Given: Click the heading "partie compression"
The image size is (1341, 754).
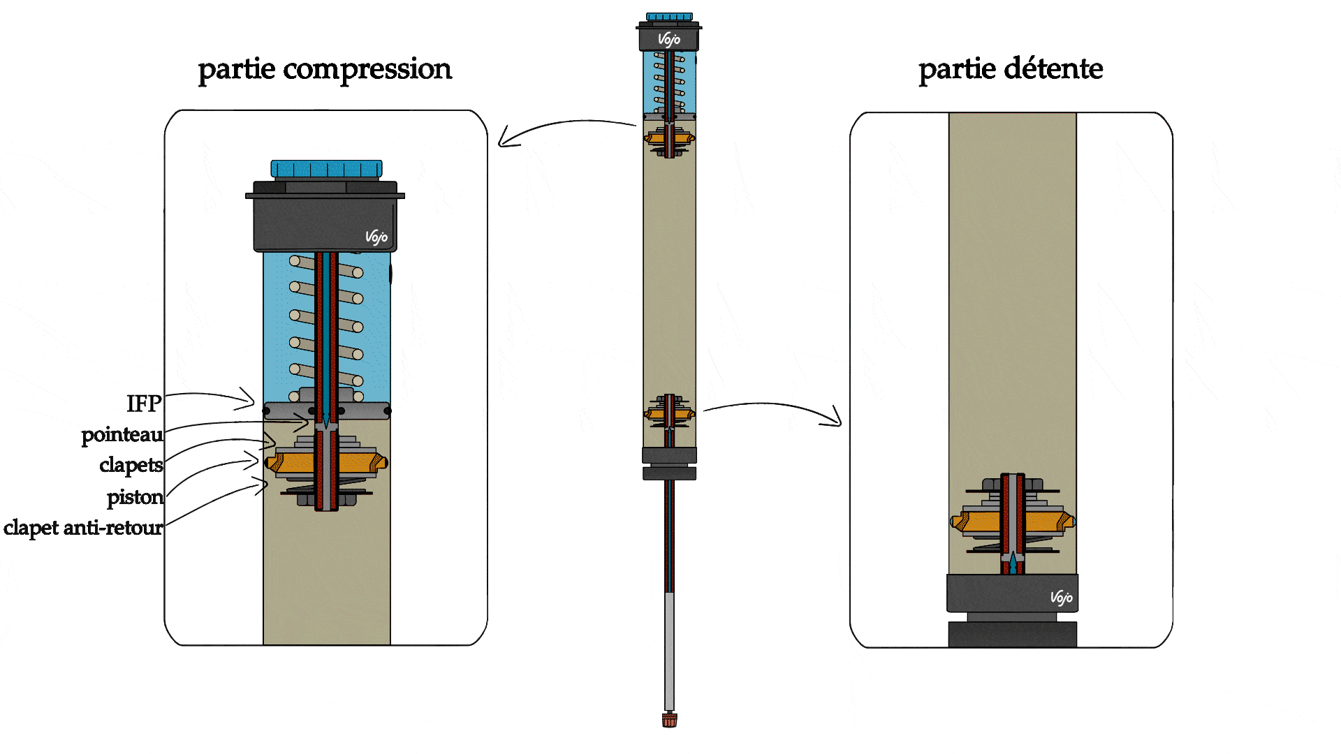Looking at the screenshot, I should tap(325, 70).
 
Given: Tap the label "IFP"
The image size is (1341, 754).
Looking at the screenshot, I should tap(144, 404).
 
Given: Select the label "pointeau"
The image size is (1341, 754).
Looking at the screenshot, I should tap(122, 435).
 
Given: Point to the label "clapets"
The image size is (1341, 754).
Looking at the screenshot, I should tap(131, 465).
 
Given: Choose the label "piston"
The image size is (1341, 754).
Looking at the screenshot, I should tap(135, 497).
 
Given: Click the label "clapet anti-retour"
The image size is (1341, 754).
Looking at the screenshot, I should tap(83, 528).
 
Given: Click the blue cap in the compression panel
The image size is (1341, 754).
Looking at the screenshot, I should tap(326, 169).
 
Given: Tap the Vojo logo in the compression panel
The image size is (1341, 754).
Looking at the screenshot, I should tap(376, 237).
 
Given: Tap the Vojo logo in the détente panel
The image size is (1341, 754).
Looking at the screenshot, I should tap(1061, 597).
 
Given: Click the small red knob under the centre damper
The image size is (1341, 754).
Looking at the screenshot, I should tap(669, 720).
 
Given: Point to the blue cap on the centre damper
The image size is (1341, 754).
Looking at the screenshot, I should tap(669, 17).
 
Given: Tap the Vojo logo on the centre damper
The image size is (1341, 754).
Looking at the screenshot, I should tap(669, 39).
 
